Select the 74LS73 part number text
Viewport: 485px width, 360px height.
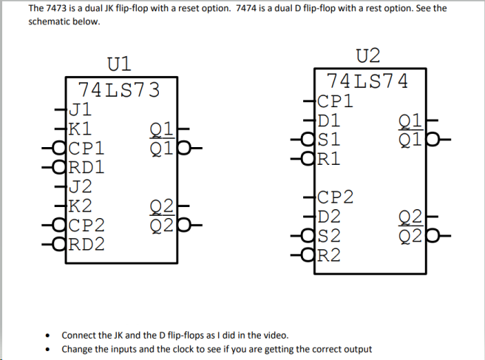(x=118, y=90)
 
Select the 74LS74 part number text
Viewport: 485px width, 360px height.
(x=367, y=81)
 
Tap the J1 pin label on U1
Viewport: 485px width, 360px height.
(x=79, y=109)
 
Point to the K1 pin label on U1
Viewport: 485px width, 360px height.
(x=79, y=126)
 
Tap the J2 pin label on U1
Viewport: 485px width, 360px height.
(x=79, y=186)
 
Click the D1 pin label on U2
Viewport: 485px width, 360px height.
(x=328, y=119)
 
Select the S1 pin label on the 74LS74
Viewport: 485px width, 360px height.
(x=328, y=138)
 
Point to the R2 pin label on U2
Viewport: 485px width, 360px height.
(x=328, y=256)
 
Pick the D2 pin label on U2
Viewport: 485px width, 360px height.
(x=328, y=217)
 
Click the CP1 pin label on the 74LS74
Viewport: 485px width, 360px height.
(x=335, y=101)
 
